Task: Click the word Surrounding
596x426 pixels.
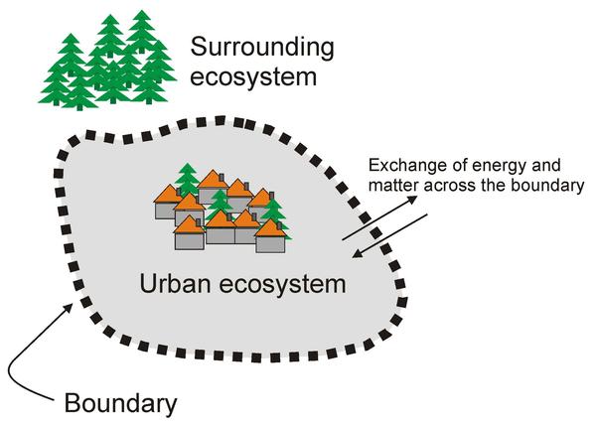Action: [x=262, y=47]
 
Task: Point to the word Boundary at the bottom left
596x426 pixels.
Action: [x=120, y=404]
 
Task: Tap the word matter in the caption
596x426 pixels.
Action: [x=391, y=186]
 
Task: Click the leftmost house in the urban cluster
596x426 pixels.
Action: [x=165, y=206]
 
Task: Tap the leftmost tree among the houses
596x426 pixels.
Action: [x=187, y=180]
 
